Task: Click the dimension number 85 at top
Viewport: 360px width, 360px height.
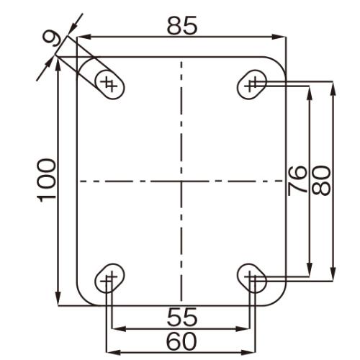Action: [182, 25]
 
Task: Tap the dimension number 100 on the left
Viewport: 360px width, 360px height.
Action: [46, 181]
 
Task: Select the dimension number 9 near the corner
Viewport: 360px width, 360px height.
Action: [52, 38]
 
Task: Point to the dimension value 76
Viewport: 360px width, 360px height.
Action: [297, 181]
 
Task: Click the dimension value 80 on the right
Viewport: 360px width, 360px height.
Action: [321, 181]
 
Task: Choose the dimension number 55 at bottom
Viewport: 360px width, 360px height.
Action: [182, 318]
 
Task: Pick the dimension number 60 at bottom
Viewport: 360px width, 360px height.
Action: [181, 341]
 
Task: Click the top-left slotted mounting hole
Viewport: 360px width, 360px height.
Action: [109, 84]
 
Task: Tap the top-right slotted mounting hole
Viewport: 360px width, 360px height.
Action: [252, 84]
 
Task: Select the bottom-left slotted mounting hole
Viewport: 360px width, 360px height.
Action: [109, 278]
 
